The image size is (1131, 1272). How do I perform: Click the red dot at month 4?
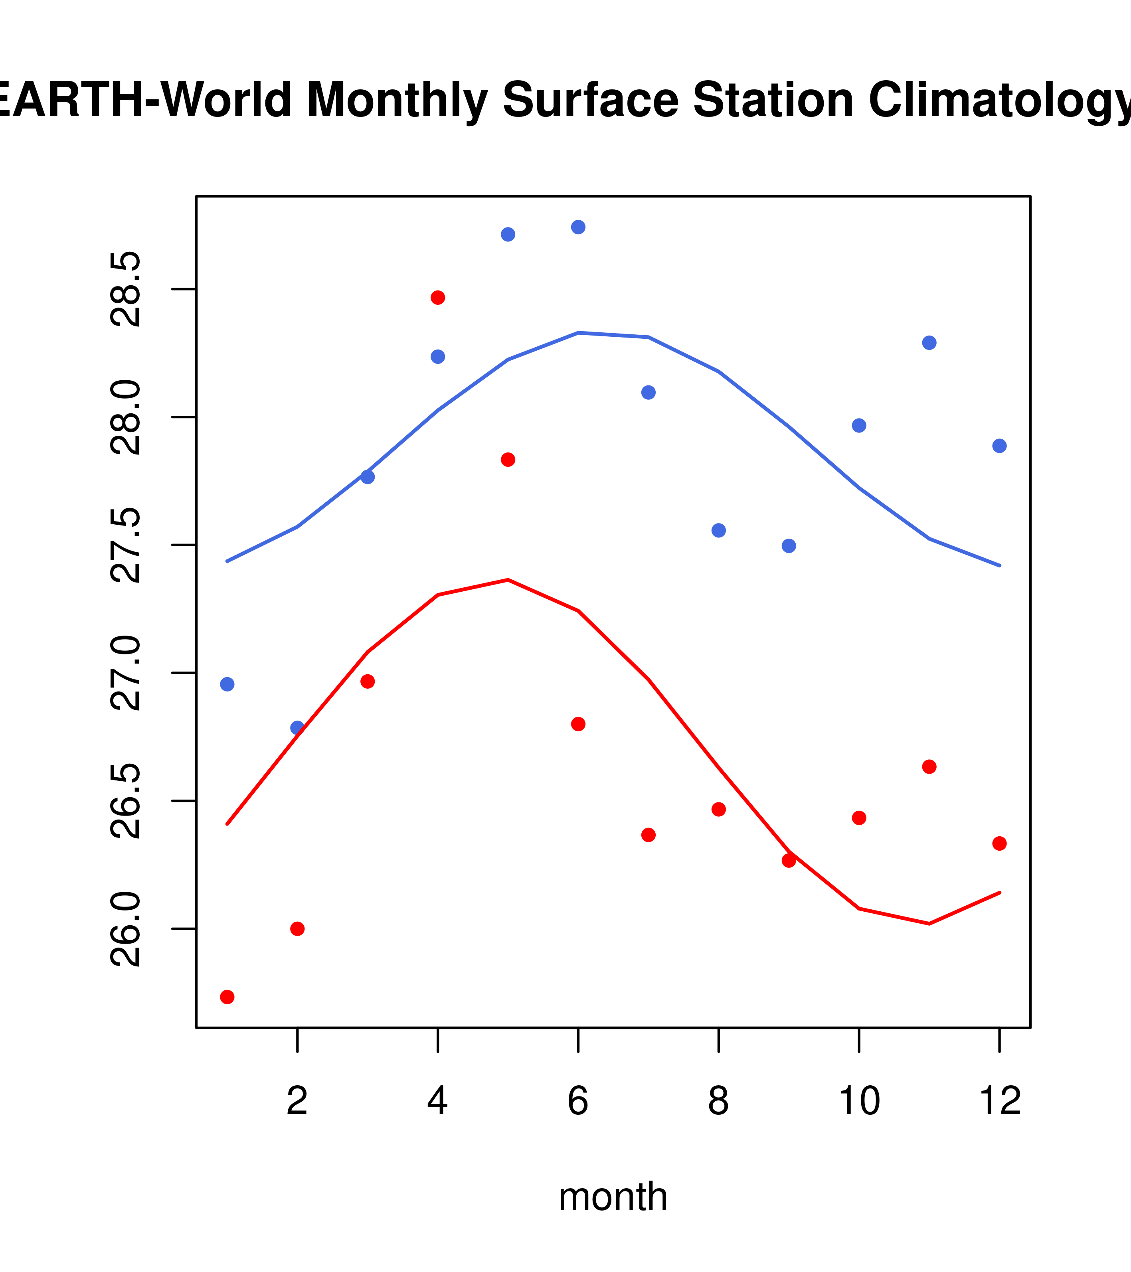coord(437,298)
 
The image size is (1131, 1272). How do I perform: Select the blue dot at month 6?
coord(578,227)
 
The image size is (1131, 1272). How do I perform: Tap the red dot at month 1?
coord(227,997)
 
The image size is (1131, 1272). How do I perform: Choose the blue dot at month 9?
coord(789,546)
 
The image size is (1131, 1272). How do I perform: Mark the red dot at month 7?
coord(649,835)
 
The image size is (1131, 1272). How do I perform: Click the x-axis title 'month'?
coord(613,1196)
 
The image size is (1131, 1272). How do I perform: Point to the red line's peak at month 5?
coord(508,580)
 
